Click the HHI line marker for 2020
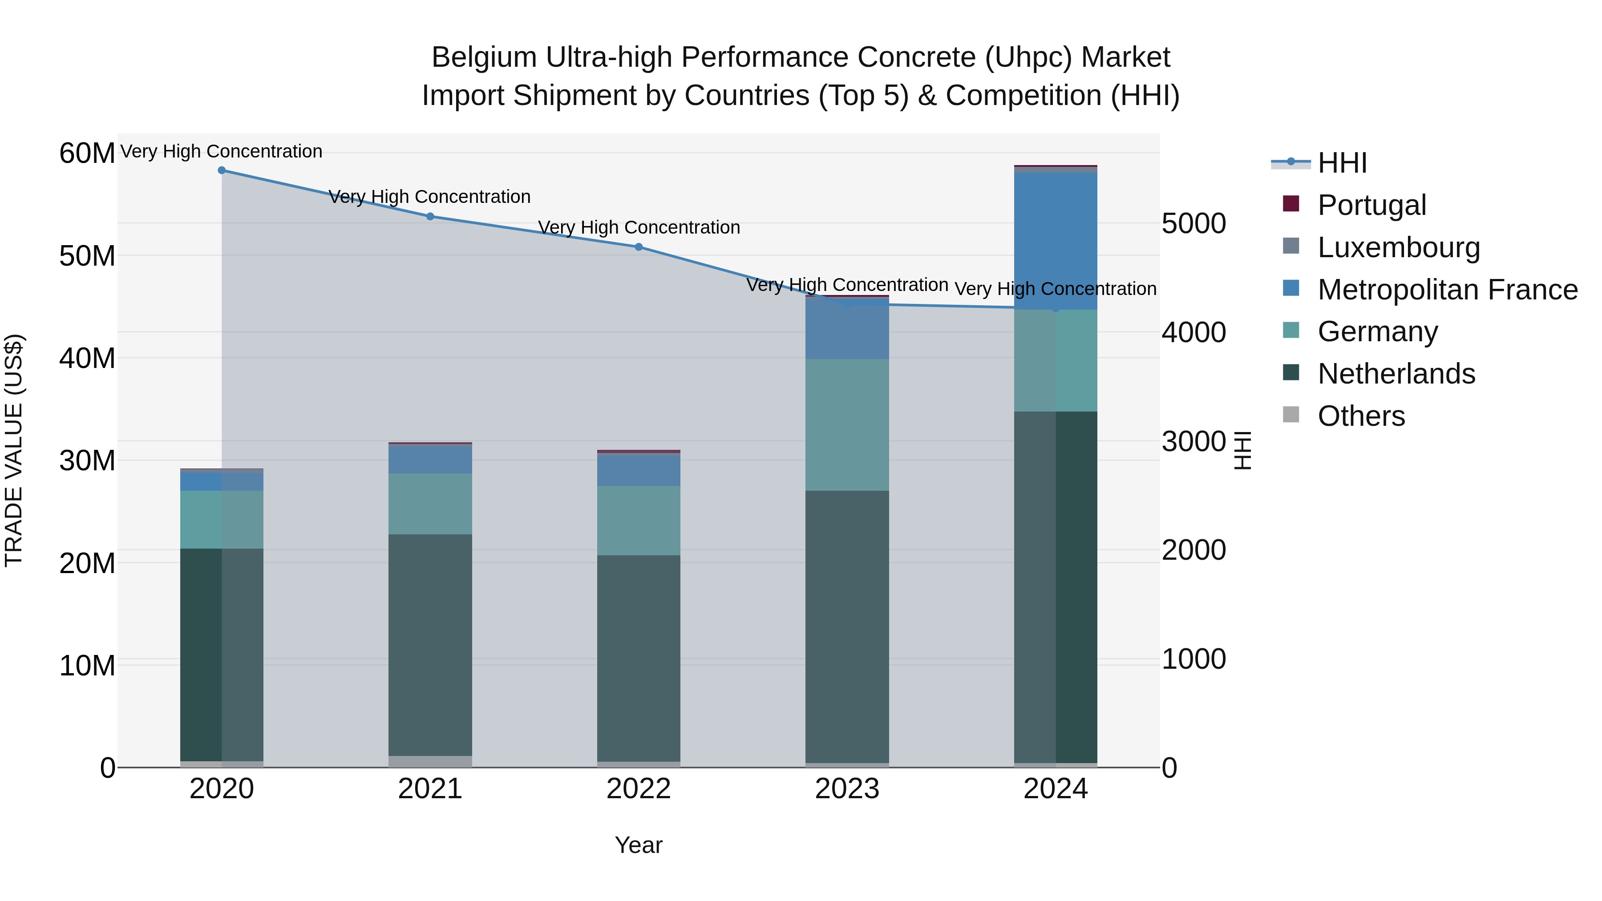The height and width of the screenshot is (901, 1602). [x=222, y=170]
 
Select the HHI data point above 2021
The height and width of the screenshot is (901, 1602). [x=430, y=216]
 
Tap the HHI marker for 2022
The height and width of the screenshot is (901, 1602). [x=638, y=247]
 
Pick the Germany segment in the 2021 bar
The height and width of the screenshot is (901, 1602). [x=430, y=504]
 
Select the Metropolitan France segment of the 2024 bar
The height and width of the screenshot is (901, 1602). [x=1056, y=241]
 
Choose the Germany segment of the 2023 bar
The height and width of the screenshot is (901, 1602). [x=847, y=425]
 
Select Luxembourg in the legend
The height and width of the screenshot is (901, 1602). [x=1398, y=247]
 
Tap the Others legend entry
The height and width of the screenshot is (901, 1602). [x=1361, y=416]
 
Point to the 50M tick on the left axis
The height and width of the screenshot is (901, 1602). [x=87, y=255]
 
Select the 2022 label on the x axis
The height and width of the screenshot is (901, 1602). [x=638, y=789]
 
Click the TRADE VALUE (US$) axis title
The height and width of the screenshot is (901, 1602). [x=14, y=450]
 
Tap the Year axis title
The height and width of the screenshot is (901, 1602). [x=638, y=845]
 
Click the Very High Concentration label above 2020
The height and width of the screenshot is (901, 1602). [x=222, y=151]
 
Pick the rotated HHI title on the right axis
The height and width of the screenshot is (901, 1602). [x=1242, y=450]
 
